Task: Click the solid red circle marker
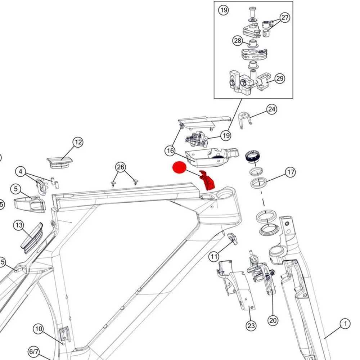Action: [x=179, y=168]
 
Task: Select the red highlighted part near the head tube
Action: [x=208, y=181]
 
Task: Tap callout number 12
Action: [x=78, y=142]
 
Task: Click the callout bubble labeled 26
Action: [x=121, y=167]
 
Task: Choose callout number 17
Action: [x=290, y=172]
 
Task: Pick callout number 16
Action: [x=170, y=151]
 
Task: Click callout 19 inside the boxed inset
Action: [x=224, y=10]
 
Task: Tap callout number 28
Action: [x=238, y=41]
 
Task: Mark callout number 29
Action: [x=280, y=78]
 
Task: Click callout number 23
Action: [x=251, y=326]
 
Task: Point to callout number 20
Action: [x=273, y=320]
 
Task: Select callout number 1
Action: [x=345, y=324]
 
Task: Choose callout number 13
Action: [x=19, y=225]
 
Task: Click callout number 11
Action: [x=214, y=256]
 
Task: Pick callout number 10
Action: [x=39, y=329]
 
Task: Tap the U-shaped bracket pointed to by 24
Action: [x=245, y=118]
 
